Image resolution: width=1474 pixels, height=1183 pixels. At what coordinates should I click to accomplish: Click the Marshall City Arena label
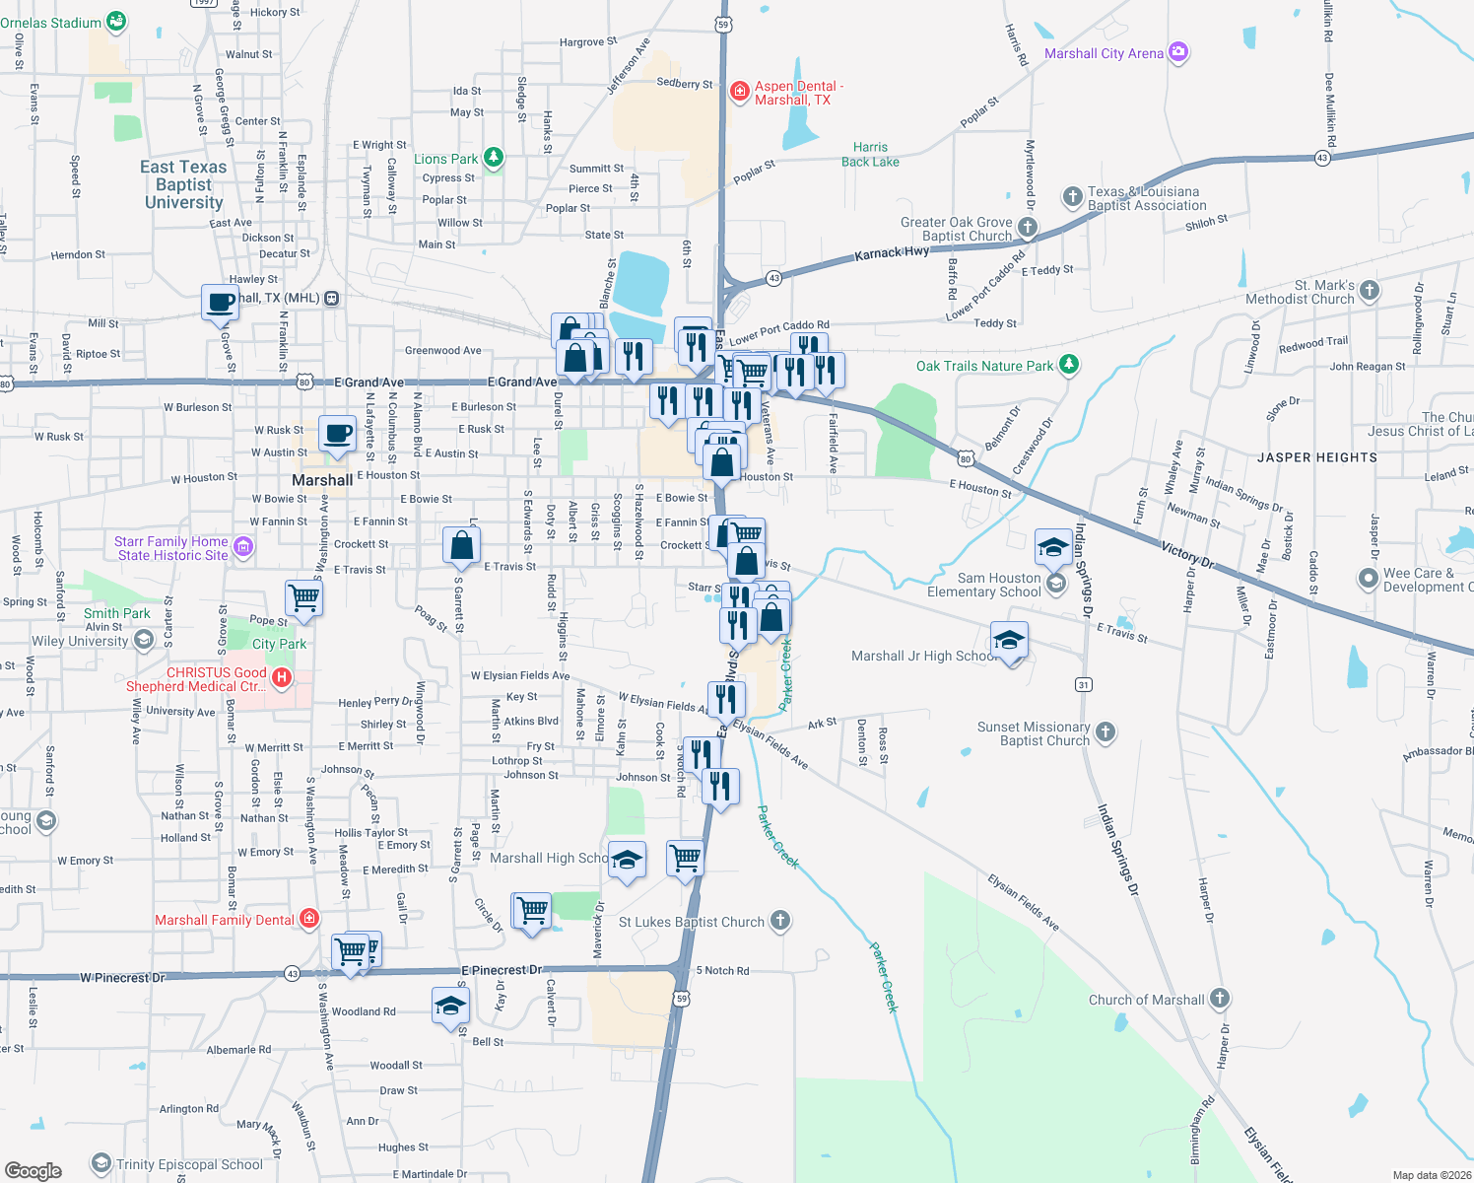tap(1104, 53)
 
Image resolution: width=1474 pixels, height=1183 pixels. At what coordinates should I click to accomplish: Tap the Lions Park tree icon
tap(494, 158)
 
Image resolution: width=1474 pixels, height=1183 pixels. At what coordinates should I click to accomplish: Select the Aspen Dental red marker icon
tap(739, 92)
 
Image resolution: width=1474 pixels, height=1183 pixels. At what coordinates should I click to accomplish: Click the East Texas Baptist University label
tap(184, 184)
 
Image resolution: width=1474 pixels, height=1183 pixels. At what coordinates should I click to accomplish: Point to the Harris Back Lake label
tap(870, 155)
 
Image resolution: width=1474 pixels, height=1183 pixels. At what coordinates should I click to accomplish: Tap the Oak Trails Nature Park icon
tap(1068, 366)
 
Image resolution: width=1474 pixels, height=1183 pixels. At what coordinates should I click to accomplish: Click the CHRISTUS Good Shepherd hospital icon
tap(282, 677)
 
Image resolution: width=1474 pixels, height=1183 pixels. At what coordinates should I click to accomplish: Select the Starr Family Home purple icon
tap(243, 546)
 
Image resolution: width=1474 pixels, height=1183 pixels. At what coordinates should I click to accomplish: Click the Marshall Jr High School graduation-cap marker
tap(1009, 642)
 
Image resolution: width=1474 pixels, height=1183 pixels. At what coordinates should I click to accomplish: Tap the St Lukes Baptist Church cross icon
tap(779, 921)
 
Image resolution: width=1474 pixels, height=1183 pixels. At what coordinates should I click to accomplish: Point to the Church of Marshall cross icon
tap(1220, 999)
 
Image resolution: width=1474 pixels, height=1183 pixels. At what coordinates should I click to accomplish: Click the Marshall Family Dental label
tap(225, 920)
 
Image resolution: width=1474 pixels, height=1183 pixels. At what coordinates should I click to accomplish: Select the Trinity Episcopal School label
tap(189, 1164)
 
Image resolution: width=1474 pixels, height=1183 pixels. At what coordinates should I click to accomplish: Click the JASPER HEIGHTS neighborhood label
tap(1317, 457)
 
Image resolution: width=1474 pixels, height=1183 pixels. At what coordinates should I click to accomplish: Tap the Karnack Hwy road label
tap(892, 253)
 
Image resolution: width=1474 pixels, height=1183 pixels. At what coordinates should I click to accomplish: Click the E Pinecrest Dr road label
tap(502, 970)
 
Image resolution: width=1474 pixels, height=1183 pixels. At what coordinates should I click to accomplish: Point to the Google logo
tap(33, 1171)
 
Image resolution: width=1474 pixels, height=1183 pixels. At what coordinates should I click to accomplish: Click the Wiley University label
tap(80, 641)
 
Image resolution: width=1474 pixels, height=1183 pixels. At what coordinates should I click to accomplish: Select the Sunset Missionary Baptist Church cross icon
tap(1105, 731)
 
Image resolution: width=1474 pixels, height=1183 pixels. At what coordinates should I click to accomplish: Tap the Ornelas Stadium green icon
tap(116, 21)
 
